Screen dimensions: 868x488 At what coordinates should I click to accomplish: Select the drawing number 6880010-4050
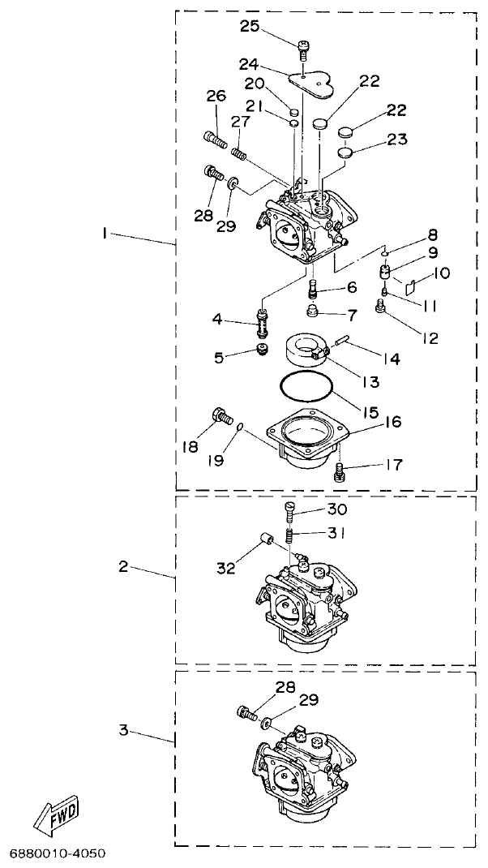(58, 854)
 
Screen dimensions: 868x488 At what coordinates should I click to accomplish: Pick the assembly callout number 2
(123, 566)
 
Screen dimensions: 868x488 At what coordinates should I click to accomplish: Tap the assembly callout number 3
(123, 730)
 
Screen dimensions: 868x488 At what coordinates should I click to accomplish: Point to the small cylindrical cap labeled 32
(263, 540)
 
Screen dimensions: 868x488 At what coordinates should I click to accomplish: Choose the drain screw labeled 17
(340, 471)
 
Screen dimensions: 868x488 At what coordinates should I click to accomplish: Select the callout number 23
(396, 139)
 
